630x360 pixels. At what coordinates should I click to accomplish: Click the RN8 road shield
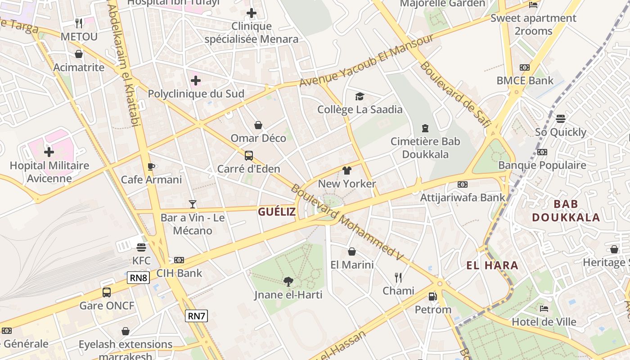click(x=138, y=278)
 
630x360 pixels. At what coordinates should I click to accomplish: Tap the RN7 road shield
click(x=196, y=316)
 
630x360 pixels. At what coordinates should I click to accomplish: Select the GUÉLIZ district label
click(x=277, y=211)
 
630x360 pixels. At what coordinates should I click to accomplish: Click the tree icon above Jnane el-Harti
click(x=288, y=282)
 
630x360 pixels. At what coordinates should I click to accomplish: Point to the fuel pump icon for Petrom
click(x=432, y=296)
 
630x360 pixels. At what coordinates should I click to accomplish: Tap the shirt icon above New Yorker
click(x=346, y=171)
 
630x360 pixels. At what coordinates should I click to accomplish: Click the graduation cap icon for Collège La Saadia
click(x=360, y=96)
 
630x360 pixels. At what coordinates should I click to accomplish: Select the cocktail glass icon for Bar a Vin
click(x=193, y=204)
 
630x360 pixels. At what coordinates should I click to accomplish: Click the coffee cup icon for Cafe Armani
click(x=151, y=166)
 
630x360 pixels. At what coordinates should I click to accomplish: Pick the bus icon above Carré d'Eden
click(x=248, y=156)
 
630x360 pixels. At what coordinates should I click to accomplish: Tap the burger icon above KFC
click(x=141, y=247)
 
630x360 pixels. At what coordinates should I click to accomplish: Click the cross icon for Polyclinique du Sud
click(x=196, y=81)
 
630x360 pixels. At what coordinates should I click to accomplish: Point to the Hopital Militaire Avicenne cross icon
click(x=49, y=152)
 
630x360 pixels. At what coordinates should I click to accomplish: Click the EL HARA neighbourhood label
click(x=492, y=265)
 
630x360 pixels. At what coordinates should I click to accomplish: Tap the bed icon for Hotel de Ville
click(x=544, y=309)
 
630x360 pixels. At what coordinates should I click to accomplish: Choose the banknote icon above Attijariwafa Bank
click(x=462, y=184)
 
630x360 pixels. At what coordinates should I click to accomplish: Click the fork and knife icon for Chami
click(x=398, y=277)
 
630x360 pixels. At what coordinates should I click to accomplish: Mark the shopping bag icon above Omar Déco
click(x=258, y=125)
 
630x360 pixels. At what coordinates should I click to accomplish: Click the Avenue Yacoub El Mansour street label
click(x=366, y=61)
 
